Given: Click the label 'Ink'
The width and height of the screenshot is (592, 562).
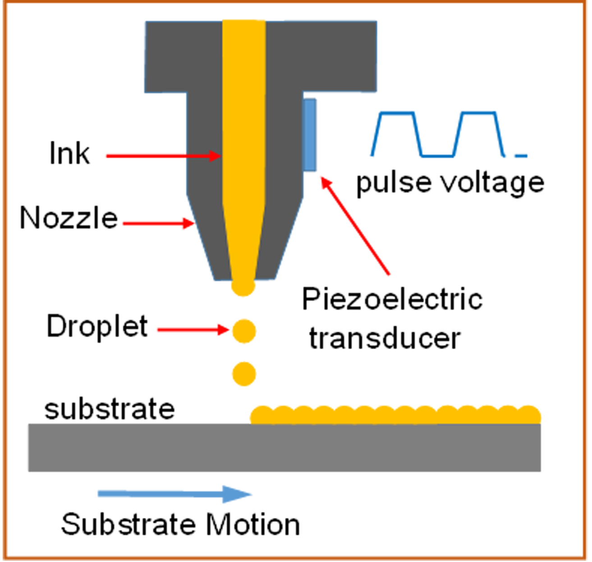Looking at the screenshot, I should (x=69, y=154).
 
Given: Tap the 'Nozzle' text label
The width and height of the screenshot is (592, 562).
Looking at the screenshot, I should (x=69, y=218).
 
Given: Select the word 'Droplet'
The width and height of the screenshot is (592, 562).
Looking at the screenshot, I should (x=97, y=326).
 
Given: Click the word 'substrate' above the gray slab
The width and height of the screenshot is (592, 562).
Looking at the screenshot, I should (x=110, y=409).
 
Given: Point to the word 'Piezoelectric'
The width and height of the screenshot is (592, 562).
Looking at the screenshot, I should (x=392, y=299).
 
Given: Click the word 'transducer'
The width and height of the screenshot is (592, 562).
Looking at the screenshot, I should (x=384, y=338).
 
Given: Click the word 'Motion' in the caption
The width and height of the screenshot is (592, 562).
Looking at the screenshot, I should (x=252, y=525).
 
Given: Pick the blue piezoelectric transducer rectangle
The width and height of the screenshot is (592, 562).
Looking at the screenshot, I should (x=310, y=135).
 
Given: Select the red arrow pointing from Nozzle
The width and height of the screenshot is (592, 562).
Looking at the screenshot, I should (x=158, y=223).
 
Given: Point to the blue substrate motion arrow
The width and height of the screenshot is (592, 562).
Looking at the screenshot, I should (x=174, y=494).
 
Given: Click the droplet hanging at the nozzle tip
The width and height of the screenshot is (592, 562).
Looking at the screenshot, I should (x=243, y=286).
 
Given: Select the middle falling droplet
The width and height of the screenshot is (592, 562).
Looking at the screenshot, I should (x=244, y=331).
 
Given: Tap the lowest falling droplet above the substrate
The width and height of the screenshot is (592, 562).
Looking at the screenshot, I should (x=244, y=374).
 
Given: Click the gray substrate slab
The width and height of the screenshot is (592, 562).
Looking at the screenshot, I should (x=284, y=448).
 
